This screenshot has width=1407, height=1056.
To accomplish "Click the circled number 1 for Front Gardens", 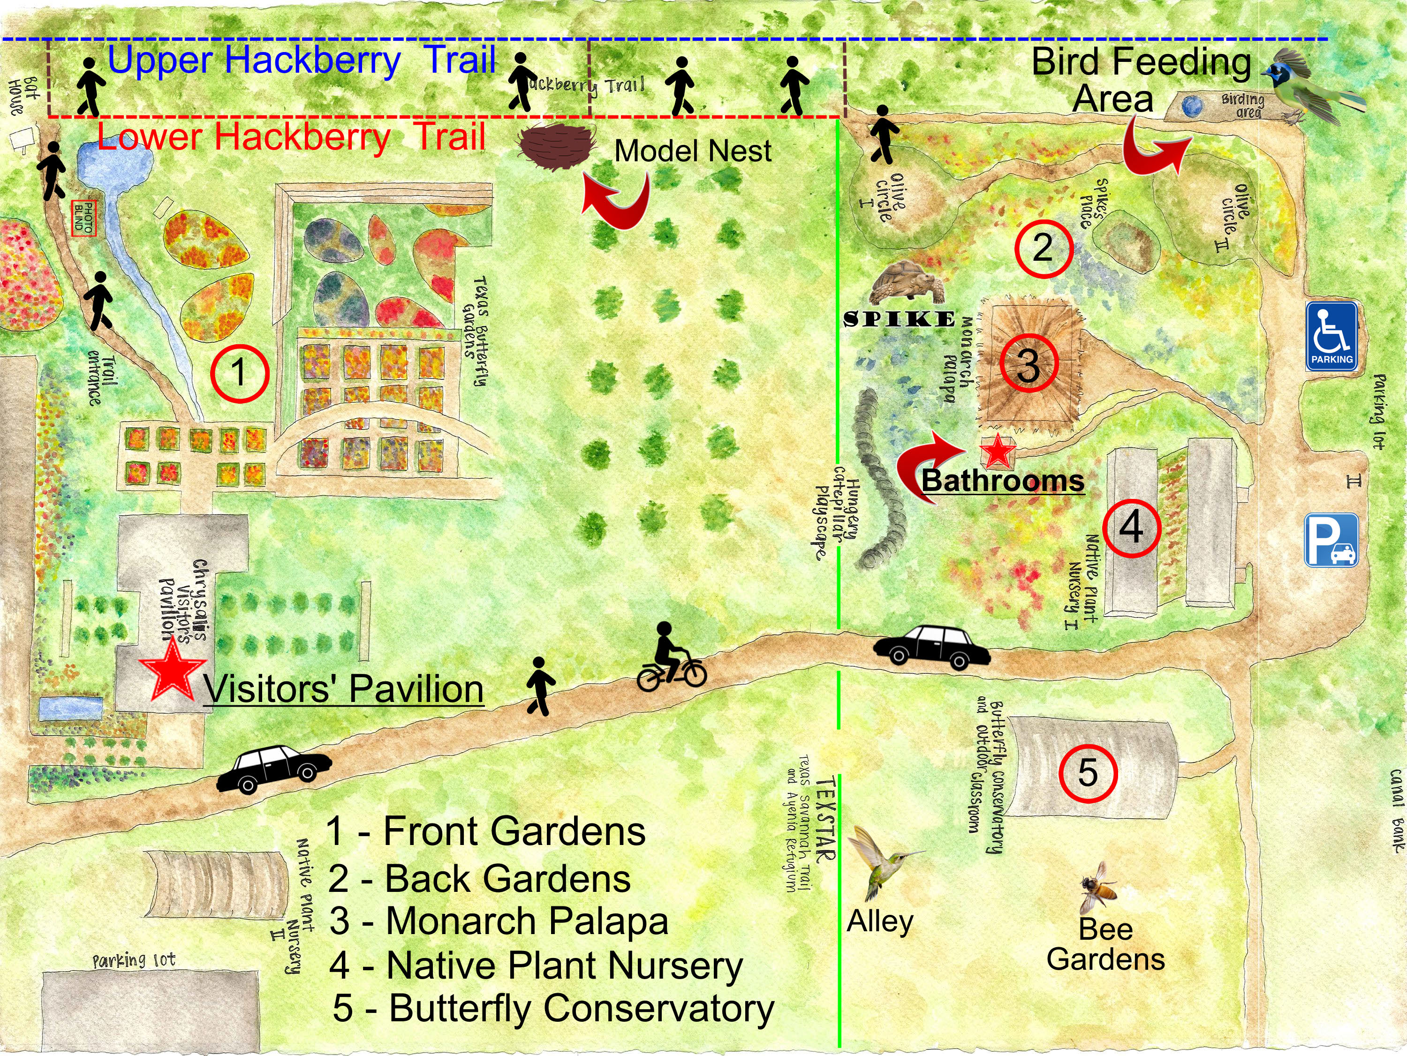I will point(239,373).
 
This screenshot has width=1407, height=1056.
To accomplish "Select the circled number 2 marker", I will point(1043,248).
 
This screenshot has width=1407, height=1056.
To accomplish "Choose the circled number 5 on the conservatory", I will point(1088,772).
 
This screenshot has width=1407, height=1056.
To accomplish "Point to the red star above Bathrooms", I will point(997,451).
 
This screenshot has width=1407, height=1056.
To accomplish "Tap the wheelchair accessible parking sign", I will point(1331,336).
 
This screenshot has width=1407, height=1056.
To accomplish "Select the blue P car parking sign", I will point(1331,541).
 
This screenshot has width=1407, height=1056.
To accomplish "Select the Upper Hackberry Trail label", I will point(302,61).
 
